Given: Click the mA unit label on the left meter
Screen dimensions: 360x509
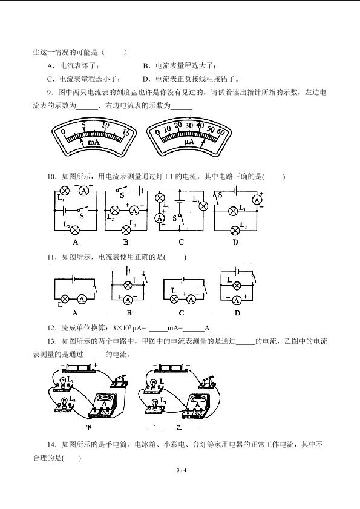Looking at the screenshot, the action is click(x=94, y=142).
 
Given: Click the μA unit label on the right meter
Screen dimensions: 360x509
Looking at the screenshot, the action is click(x=189, y=142).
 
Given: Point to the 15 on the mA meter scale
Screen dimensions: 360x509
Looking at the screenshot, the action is click(x=126, y=132).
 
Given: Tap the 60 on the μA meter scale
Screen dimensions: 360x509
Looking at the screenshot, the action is click(x=220, y=132).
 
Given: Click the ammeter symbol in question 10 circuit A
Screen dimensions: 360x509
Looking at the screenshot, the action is click(x=84, y=191).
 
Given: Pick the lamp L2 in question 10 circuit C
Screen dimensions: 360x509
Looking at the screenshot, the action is click(x=203, y=206).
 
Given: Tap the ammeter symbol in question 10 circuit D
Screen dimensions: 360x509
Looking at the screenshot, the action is click(x=257, y=200).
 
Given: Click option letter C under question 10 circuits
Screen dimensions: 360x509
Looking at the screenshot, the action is click(x=181, y=242).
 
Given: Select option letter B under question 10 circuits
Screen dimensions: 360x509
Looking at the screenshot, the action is click(x=126, y=242).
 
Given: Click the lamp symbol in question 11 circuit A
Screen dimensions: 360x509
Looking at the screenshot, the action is click(x=65, y=298).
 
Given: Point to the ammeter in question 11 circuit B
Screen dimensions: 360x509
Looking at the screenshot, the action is click(x=128, y=300).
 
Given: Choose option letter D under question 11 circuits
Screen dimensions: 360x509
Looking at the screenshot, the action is click(x=237, y=313).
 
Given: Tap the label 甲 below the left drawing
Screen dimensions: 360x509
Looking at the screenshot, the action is click(x=88, y=427).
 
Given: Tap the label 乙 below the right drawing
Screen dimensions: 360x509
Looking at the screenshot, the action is click(x=179, y=427).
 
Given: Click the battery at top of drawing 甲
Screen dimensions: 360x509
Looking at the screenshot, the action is click(x=79, y=368).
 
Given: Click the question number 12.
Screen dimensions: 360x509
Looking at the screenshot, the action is click(x=52, y=328).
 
